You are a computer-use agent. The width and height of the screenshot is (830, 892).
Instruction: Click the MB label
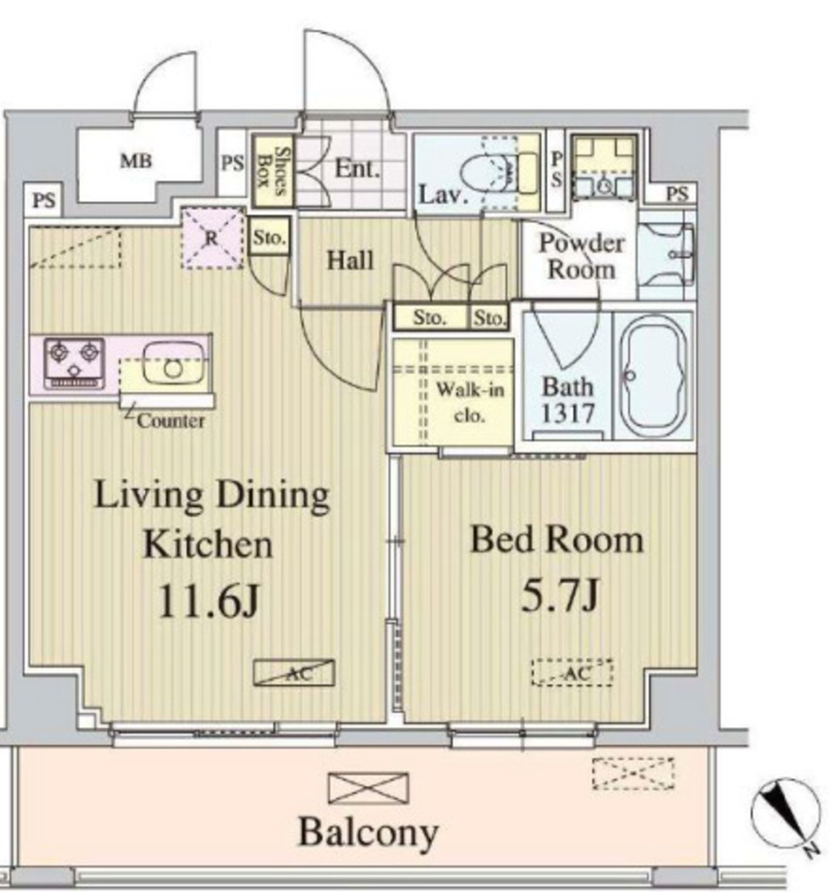click(136, 161)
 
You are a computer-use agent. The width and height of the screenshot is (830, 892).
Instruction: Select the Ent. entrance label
click(357, 168)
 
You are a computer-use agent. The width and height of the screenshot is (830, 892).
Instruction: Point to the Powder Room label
click(581, 256)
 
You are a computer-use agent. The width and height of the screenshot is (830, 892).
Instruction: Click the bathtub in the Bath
click(652, 375)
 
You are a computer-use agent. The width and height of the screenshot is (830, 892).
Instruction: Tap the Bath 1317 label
click(568, 399)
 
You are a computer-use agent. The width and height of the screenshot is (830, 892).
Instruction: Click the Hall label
click(350, 260)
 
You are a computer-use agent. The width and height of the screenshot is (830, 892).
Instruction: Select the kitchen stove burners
click(74, 362)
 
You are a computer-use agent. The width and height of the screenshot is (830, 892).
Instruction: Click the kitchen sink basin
click(173, 360)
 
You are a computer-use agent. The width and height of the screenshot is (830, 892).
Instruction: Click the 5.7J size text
click(557, 596)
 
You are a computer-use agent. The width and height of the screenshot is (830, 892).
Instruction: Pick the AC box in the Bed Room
click(572, 672)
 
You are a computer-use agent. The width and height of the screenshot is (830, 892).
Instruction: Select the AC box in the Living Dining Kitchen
click(294, 672)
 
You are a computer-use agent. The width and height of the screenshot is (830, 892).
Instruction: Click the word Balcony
click(368, 832)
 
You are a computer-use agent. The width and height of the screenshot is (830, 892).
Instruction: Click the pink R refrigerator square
click(212, 236)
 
